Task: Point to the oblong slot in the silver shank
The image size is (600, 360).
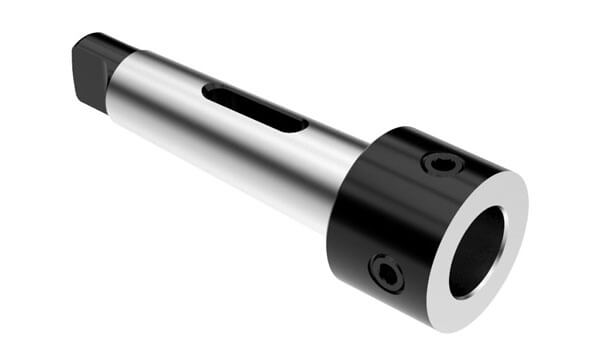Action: (255, 107)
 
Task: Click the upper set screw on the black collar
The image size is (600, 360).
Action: (443, 163)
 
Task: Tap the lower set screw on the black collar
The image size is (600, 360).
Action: (386, 272)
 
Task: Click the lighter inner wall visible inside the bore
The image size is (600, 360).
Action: (492, 240)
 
